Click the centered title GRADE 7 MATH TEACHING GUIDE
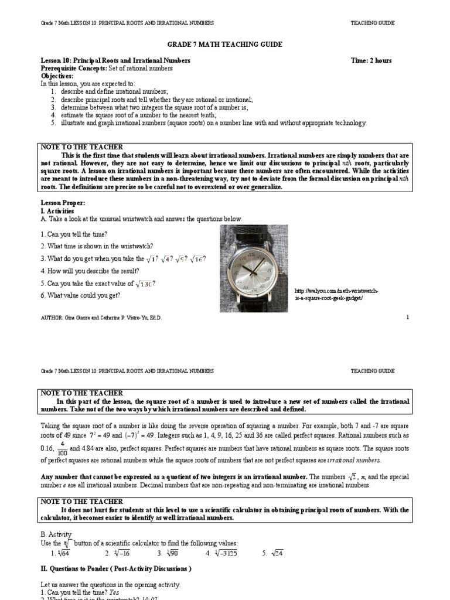225,45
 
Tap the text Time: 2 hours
371,60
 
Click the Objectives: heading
57,76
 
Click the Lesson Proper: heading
63,203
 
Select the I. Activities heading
57,211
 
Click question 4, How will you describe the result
90,271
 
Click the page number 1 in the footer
407,317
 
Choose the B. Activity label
56,534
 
